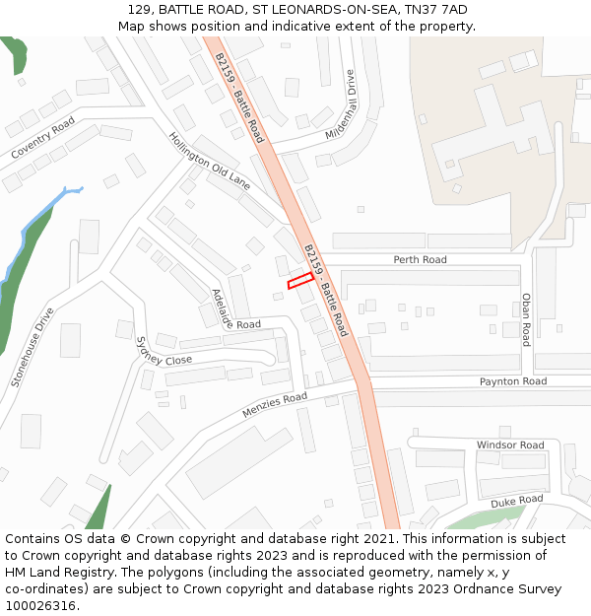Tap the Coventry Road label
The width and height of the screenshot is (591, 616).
pyautogui.click(x=42, y=139)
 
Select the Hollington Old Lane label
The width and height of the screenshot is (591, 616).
pyautogui.click(x=209, y=161)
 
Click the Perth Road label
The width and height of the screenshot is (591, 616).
pyautogui.click(x=420, y=260)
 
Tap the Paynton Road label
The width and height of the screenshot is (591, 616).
pyautogui.click(x=512, y=381)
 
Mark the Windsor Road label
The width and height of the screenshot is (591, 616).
pyautogui.click(x=510, y=445)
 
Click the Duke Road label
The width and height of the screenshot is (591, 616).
pyautogui.click(x=516, y=502)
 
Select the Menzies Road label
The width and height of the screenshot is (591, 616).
pyautogui.click(x=275, y=404)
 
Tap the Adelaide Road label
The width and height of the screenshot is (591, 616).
pyautogui.click(x=233, y=311)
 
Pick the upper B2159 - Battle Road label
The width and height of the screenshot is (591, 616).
pyautogui.click(x=239, y=98)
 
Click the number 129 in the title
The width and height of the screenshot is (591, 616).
pyautogui.click(x=139, y=9)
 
